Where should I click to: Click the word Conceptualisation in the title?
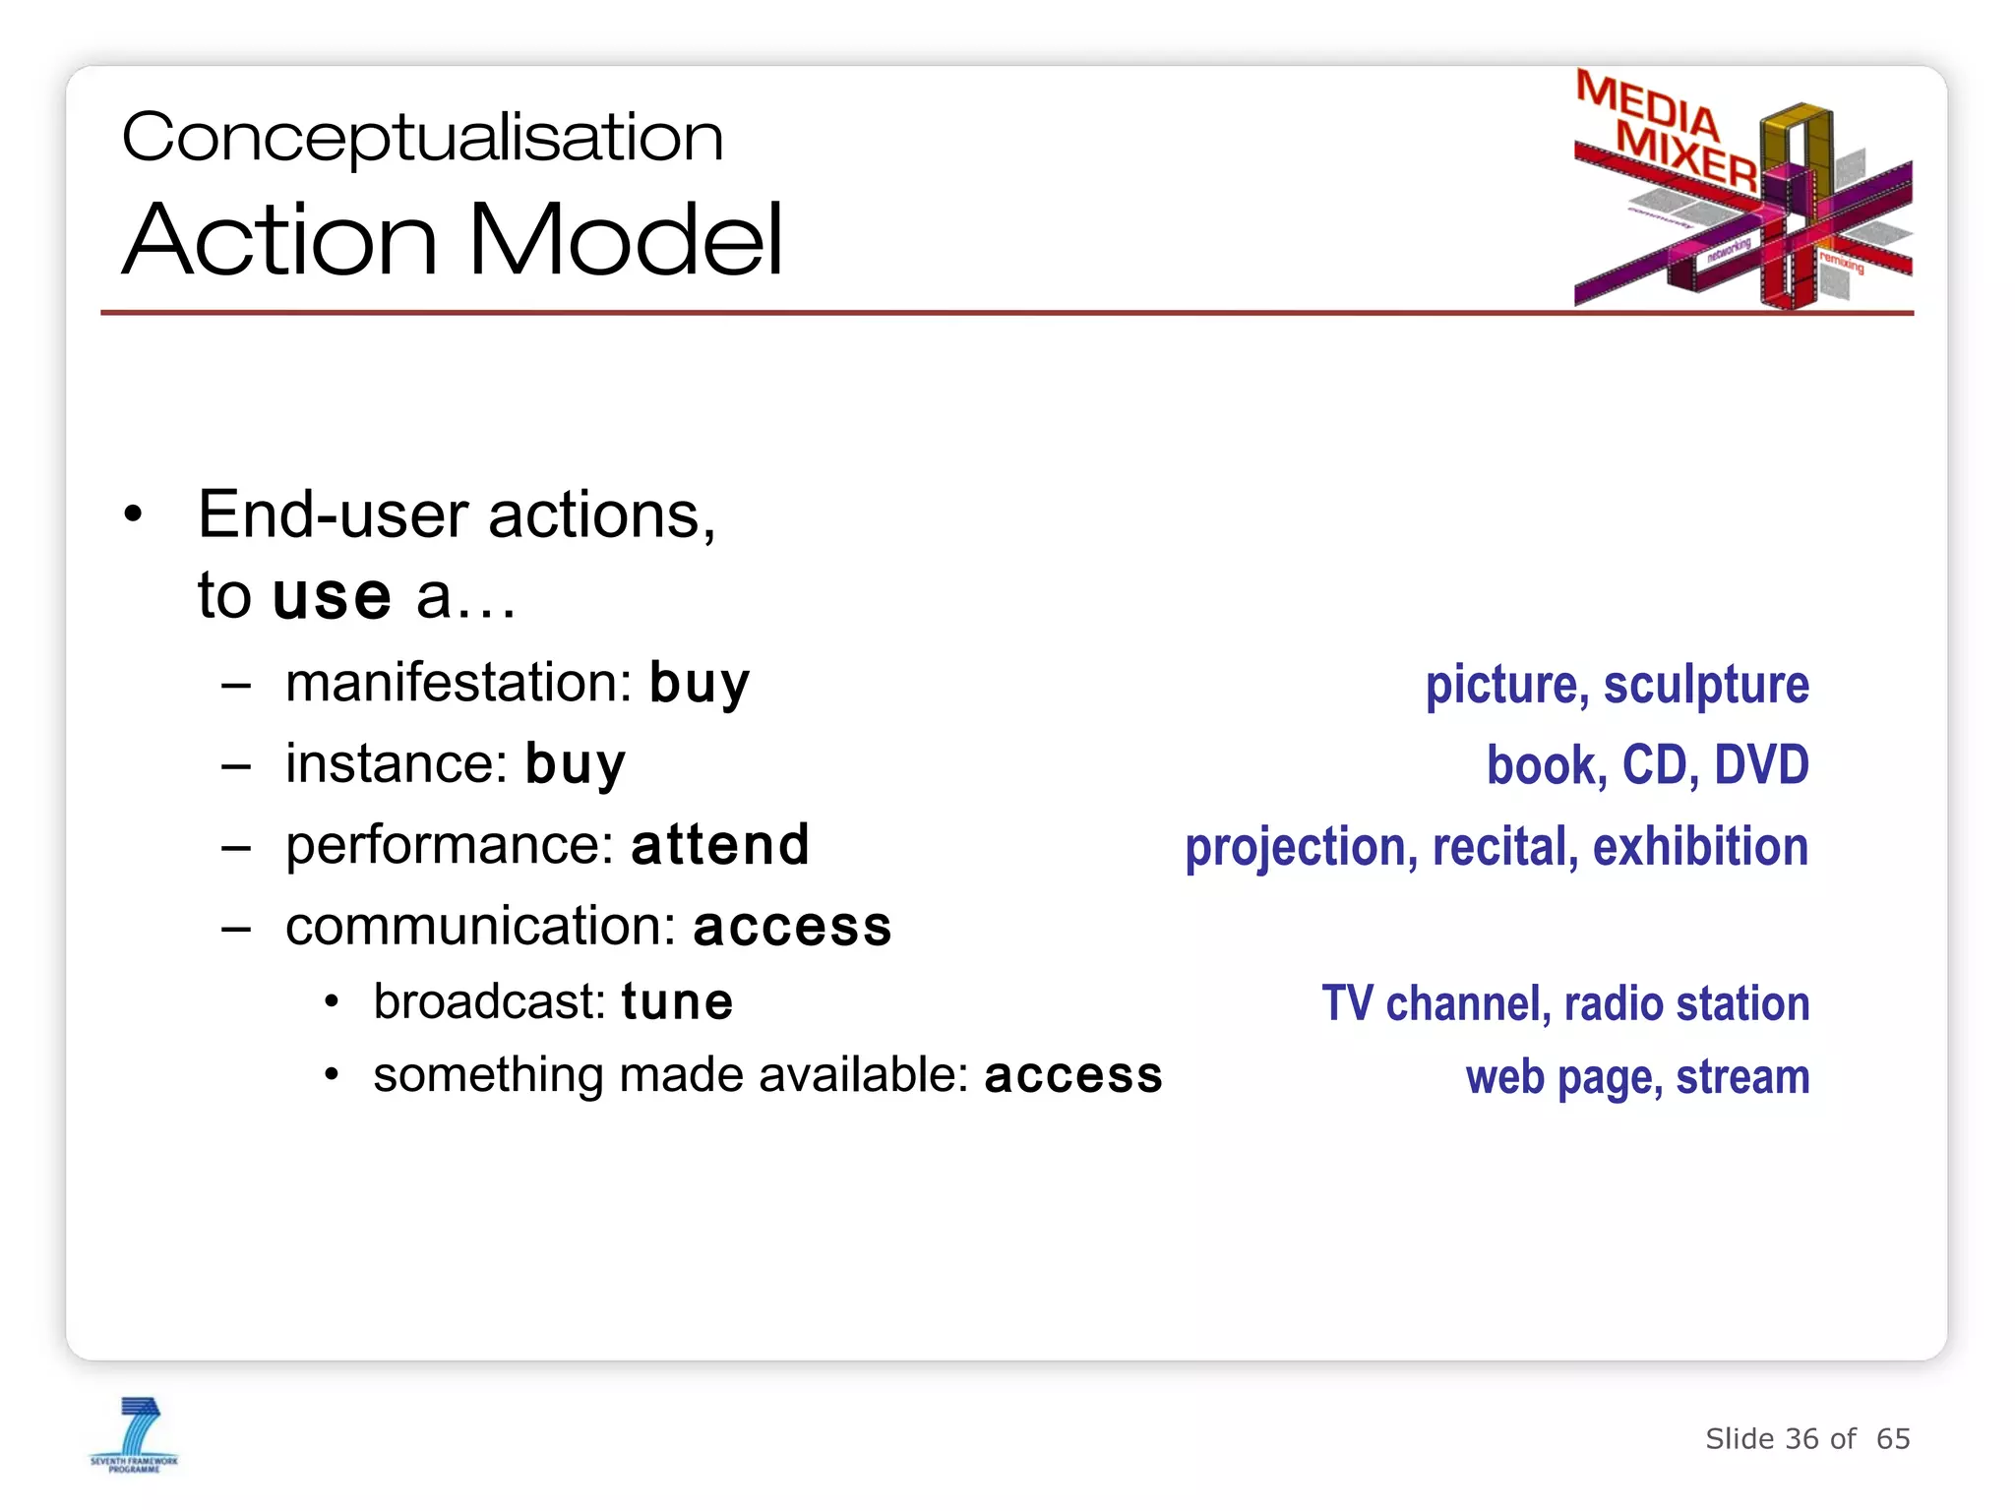pyautogui.click(x=423, y=138)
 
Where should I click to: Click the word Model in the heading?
pyautogui.click(x=626, y=240)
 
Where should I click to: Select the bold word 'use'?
pyautogui.click(x=332, y=596)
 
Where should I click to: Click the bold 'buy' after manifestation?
pyautogui.click(x=699, y=683)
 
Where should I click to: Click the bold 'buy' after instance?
pyautogui.click(x=575, y=764)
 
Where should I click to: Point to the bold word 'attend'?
pyautogui.click(x=720, y=845)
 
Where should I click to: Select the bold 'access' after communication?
pyautogui.click(x=792, y=927)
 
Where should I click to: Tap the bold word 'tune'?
pyautogui.click(x=677, y=1002)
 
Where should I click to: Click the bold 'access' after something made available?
pyautogui.click(x=1072, y=1075)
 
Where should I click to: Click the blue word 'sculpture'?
pyautogui.click(x=1706, y=685)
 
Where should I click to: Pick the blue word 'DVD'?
pyautogui.click(x=1761, y=765)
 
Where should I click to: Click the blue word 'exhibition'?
pyautogui.click(x=1700, y=847)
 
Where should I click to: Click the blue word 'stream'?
pyautogui.click(x=1742, y=1077)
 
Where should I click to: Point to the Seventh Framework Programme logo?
pyautogui.click(x=135, y=1434)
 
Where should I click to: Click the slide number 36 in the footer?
pyautogui.click(x=1801, y=1439)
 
